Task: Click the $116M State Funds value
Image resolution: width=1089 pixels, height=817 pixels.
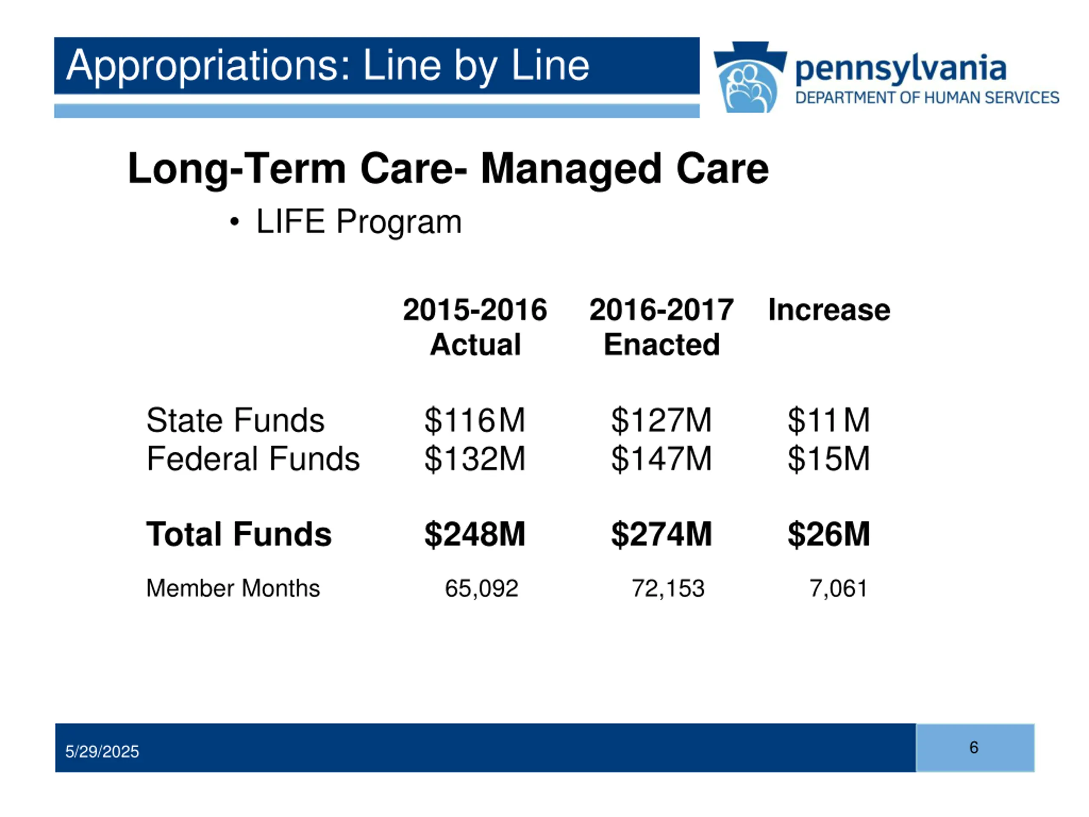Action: pyautogui.click(x=475, y=420)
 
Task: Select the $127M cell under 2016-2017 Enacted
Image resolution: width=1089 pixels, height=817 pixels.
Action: pyautogui.click(x=661, y=420)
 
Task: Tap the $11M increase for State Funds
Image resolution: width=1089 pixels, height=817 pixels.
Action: pyautogui.click(x=829, y=420)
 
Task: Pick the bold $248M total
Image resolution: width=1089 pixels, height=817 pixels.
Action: pyautogui.click(x=475, y=534)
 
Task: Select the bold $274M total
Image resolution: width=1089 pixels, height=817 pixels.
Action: pyautogui.click(x=661, y=534)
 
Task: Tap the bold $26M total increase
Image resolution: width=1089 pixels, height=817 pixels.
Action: pyautogui.click(x=829, y=534)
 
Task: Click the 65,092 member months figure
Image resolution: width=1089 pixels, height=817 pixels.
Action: pyautogui.click(x=481, y=588)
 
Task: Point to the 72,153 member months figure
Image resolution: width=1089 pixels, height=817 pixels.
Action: pyautogui.click(x=667, y=588)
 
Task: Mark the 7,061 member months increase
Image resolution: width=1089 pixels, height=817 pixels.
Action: pyautogui.click(x=838, y=588)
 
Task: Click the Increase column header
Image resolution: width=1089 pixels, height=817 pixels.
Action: pyautogui.click(x=829, y=310)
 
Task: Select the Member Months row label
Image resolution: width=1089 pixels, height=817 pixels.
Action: pyautogui.click(x=233, y=588)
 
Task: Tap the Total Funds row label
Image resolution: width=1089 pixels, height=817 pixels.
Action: pyautogui.click(x=239, y=534)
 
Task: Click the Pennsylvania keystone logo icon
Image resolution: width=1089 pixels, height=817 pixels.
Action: pyautogui.click(x=749, y=77)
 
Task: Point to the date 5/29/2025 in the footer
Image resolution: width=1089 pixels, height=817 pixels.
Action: pyautogui.click(x=102, y=751)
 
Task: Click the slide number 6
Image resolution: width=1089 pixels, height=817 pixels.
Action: pyautogui.click(x=973, y=748)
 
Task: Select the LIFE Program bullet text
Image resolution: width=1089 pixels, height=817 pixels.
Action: pyautogui.click(x=359, y=222)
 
